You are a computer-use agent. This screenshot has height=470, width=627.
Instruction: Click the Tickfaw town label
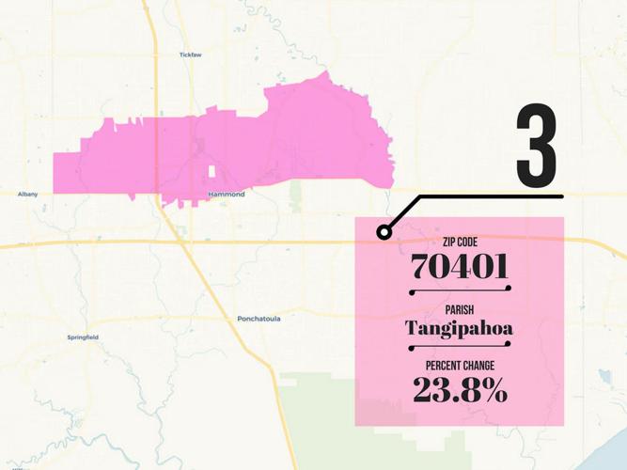pos(190,55)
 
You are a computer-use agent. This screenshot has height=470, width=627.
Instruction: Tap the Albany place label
pos(27,195)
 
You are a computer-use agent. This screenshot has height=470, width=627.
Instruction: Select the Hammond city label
pos(227,195)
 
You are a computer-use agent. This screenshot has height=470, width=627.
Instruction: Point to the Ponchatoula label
pos(258,319)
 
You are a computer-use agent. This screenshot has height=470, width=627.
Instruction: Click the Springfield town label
pos(83,337)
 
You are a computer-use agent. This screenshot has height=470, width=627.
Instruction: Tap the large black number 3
pos(536,146)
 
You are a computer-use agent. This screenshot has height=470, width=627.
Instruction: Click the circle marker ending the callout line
pos(383,231)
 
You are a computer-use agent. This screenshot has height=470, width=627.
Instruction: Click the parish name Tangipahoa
pos(460,328)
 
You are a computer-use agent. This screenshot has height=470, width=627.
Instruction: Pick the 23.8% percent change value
pos(461,390)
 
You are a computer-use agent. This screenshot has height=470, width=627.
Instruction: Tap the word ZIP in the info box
pos(448,243)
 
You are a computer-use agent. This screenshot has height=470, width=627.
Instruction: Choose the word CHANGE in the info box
pos(481,365)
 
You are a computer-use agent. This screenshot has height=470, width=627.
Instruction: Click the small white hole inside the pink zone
pos(212,172)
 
